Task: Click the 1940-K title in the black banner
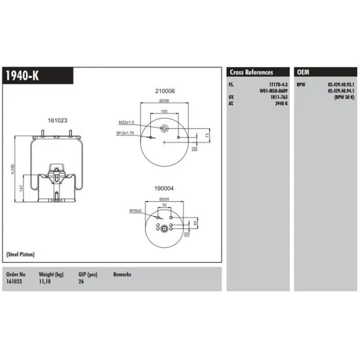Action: [x=22, y=76]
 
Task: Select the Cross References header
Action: [x=251, y=73]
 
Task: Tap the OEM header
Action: [x=303, y=73]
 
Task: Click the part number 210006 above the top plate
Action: [x=165, y=91]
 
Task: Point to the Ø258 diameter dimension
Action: [x=164, y=101]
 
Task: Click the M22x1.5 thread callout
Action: [x=127, y=122]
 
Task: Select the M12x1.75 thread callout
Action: [x=125, y=133]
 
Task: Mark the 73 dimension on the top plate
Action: [x=208, y=135]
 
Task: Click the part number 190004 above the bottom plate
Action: [x=164, y=189]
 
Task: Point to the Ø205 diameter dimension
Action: [x=164, y=200]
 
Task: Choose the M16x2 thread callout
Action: [x=135, y=210]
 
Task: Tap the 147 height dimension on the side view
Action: [x=21, y=188]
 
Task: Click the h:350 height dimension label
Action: [x=13, y=169]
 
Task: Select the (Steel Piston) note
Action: [x=21, y=255]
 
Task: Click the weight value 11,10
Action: [x=45, y=281]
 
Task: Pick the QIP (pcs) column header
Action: [x=88, y=275]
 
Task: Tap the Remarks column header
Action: [x=122, y=274]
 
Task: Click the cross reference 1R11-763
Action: [x=279, y=97]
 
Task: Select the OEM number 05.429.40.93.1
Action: [x=341, y=85]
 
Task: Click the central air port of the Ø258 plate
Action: [x=164, y=129]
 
